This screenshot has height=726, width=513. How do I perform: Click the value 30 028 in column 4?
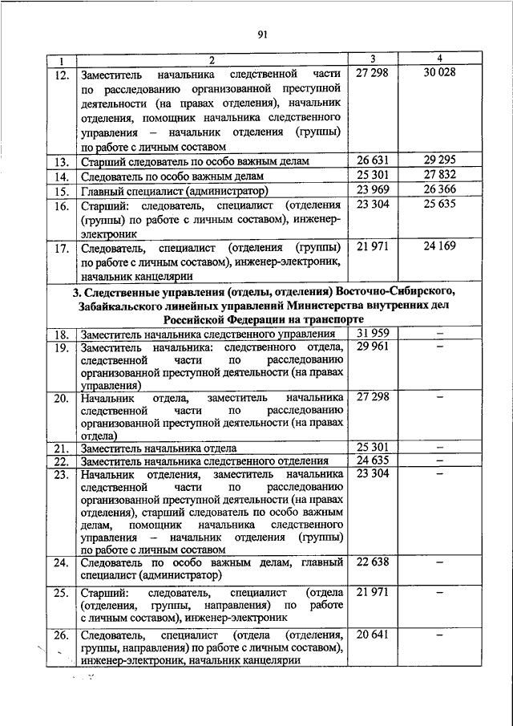coord(440,73)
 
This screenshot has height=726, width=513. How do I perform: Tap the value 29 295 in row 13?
coord(440,160)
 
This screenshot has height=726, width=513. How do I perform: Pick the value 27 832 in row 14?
coord(440,176)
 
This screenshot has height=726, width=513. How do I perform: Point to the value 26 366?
coord(440,190)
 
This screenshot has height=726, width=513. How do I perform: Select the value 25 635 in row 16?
coord(440,205)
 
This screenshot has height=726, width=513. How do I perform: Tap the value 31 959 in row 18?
coord(373,332)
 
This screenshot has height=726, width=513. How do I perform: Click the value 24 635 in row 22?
coord(373,460)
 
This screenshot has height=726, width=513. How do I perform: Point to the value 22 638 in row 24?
coord(373,562)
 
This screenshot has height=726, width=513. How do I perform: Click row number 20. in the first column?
coord(61,398)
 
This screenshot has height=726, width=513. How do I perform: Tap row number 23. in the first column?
coord(61,475)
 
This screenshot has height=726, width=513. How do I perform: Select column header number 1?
coord(60,61)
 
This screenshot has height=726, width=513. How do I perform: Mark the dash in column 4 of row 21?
coord(440,446)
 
